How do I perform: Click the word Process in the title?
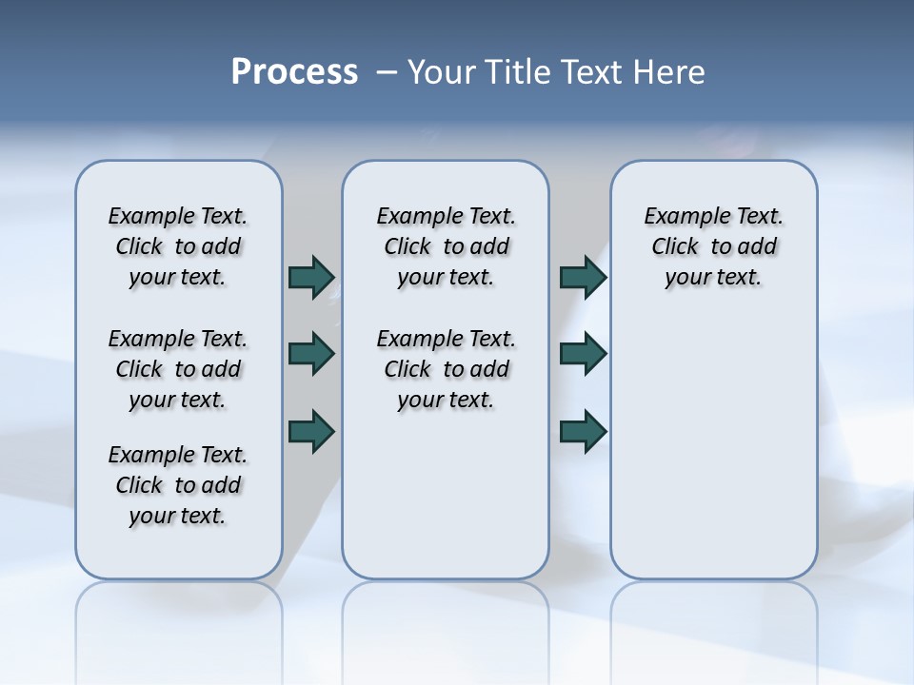pos(294,72)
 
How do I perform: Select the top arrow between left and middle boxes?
pos(311,277)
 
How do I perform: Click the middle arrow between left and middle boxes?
pos(311,354)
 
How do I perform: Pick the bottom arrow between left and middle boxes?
pos(311,432)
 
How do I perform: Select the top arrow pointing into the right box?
pos(583,277)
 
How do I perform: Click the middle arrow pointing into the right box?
pos(583,354)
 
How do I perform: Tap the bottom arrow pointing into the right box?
pos(583,432)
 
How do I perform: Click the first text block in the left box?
pos(178,246)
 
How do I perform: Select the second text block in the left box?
pos(178,369)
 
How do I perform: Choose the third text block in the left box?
pos(178,485)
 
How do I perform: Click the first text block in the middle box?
pos(447,246)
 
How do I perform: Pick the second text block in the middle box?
pos(447,369)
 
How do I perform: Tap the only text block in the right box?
pos(714,246)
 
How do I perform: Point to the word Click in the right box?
pos(675,247)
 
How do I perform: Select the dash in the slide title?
pos(386,72)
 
